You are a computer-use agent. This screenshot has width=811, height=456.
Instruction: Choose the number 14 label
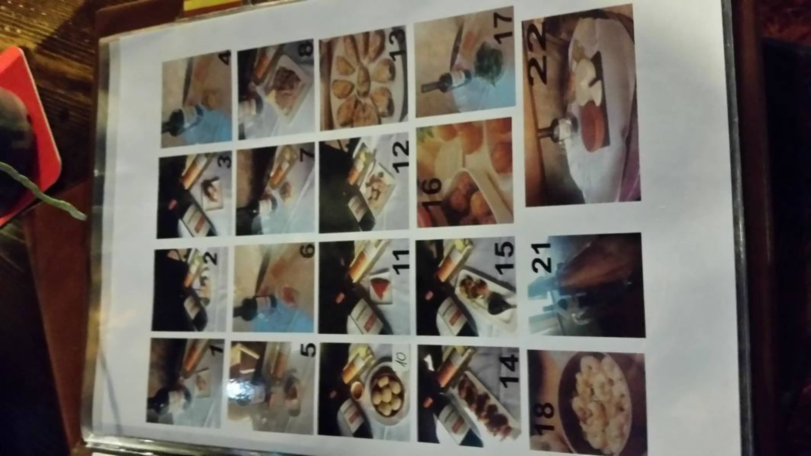(507, 368)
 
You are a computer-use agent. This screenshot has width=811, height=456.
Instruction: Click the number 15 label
(505, 260)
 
